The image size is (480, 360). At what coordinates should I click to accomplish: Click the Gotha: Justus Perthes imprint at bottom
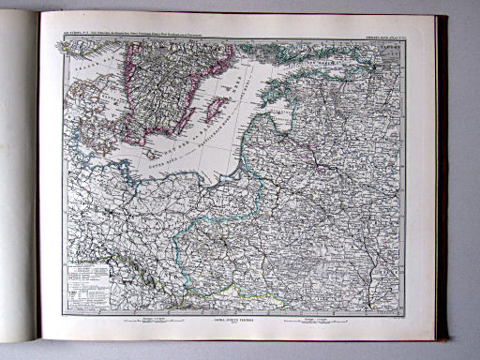(x=234, y=321)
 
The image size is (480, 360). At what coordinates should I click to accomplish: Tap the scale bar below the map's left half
(x=141, y=319)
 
